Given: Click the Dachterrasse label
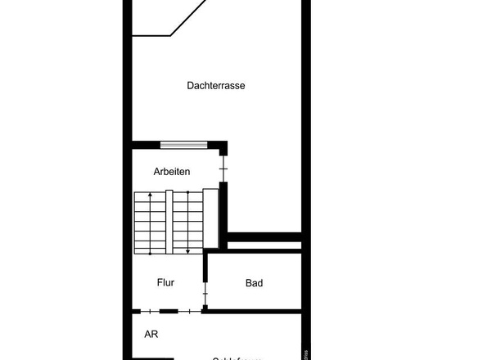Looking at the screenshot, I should [216, 85].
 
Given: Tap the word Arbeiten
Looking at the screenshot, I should [172, 172].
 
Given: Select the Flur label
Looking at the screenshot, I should [166, 283].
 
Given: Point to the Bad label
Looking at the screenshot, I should [254, 283].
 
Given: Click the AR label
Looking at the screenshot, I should [151, 334].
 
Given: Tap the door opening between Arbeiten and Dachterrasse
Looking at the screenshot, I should [223, 169].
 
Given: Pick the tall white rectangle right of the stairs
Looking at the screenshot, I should [210, 218].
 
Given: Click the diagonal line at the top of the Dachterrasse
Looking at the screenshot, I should [187, 17].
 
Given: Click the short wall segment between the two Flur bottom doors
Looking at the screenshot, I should [168, 311].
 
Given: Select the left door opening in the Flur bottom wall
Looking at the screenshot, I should [148, 311].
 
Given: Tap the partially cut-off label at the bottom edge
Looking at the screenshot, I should [237, 358].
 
